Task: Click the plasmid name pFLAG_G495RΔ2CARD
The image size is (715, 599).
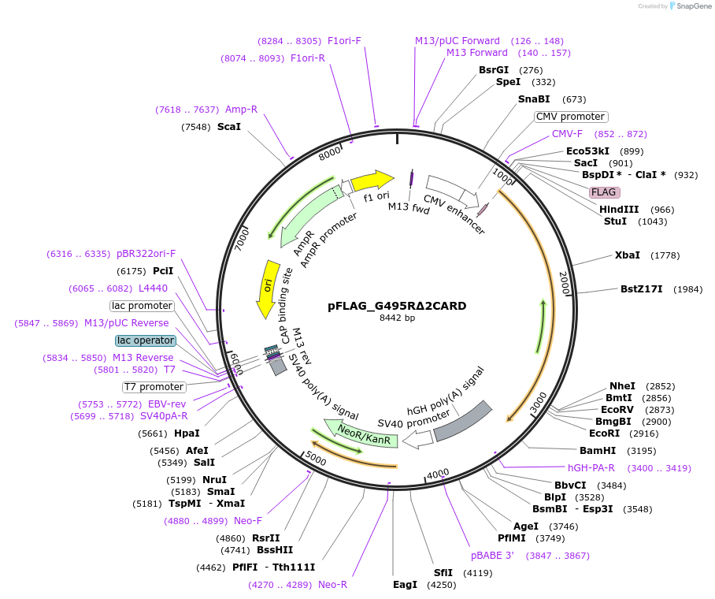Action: tap(397, 306)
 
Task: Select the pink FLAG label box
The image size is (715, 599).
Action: tap(604, 192)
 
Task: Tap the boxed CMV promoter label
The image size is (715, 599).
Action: tap(570, 117)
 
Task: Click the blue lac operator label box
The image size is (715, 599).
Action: tap(145, 340)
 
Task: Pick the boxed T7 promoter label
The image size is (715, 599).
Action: tap(154, 387)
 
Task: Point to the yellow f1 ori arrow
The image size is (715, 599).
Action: tap(372, 180)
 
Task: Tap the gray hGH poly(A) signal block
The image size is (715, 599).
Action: tap(463, 421)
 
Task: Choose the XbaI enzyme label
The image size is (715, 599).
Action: tap(627, 255)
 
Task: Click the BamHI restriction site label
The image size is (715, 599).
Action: tap(597, 451)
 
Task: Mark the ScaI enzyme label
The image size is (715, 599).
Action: tap(229, 127)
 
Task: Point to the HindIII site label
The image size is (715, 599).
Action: tap(619, 210)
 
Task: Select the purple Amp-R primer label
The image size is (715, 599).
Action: tap(241, 110)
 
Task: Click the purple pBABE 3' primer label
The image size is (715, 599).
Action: tap(492, 556)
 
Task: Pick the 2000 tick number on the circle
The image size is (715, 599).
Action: tap(564, 284)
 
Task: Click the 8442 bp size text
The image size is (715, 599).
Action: tap(397, 318)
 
